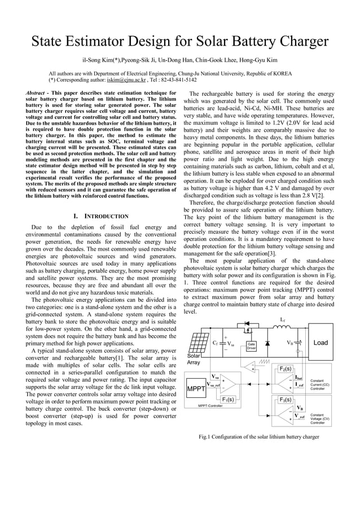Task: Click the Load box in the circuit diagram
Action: point(321,343)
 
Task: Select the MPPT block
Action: point(196,389)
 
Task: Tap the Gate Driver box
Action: point(251,346)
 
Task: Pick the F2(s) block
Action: point(285,368)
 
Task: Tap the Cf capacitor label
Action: point(216,343)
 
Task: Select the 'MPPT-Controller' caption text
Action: point(214,406)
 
